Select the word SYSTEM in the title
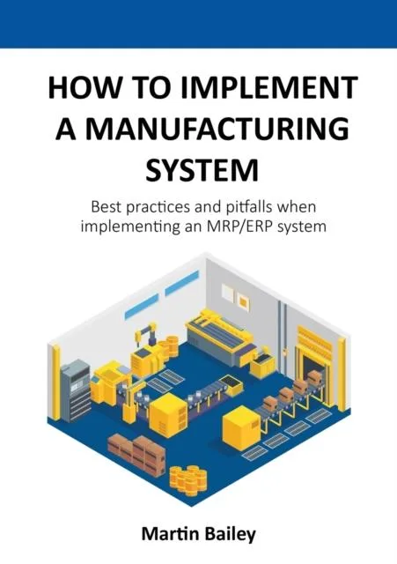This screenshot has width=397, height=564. point(202,170)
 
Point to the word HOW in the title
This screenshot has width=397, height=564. point(83,88)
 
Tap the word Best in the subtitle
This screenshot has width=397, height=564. point(104,207)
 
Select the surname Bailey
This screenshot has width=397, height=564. point(230,535)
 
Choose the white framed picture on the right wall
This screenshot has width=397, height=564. point(228,293)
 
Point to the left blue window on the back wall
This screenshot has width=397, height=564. point(141,306)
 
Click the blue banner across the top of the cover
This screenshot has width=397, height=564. point(198,24)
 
